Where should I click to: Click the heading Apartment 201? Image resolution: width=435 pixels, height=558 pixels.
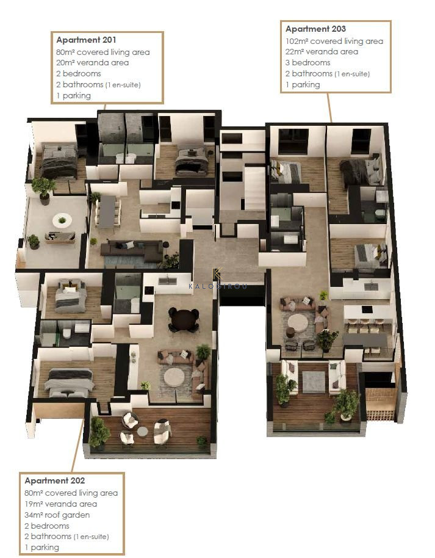(x=86, y=40)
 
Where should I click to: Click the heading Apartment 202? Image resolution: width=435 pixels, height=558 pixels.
(x=55, y=480)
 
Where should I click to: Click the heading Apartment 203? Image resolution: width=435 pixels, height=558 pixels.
(x=315, y=29)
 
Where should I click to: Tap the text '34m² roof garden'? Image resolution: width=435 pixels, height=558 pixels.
(x=57, y=515)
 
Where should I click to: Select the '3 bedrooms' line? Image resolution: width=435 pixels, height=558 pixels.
(x=307, y=63)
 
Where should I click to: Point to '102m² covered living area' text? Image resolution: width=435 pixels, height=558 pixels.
(x=334, y=42)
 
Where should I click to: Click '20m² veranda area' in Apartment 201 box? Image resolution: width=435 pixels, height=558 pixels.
(x=93, y=63)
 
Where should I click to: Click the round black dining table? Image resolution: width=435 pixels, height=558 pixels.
(x=183, y=317)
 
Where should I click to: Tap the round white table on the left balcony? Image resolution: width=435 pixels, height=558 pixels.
(x=62, y=220)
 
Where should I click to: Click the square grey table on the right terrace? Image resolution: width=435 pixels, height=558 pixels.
(x=314, y=382)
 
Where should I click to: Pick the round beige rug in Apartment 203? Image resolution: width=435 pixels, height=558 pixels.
(x=298, y=323)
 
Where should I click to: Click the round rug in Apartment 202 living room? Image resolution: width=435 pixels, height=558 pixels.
(x=174, y=377)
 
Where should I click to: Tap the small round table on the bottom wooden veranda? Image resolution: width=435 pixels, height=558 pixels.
(x=143, y=431)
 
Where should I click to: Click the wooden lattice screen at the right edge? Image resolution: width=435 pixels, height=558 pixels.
(x=380, y=404)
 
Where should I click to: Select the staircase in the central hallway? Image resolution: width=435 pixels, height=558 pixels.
(x=254, y=189)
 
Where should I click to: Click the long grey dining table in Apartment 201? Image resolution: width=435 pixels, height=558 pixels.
(x=107, y=212)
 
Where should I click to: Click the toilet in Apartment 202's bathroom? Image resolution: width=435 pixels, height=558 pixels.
(x=67, y=333)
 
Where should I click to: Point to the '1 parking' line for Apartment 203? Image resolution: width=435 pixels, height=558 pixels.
(x=303, y=85)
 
